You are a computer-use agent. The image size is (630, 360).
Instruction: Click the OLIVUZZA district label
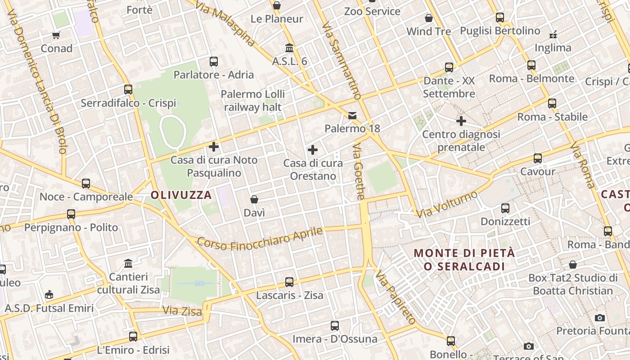tap(181, 195)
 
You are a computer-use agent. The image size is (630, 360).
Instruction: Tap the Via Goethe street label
tap(359, 171)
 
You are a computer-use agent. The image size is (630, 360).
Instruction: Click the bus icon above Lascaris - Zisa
tap(289, 282)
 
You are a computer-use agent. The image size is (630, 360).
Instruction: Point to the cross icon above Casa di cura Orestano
tap(313, 150)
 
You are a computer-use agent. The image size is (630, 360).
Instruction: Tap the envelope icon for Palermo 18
tap(352, 116)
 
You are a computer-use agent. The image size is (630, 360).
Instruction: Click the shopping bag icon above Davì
tap(254, 199)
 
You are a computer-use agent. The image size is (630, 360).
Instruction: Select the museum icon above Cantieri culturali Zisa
tap(128, 263)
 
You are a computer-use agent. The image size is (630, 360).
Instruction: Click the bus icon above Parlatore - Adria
tap(214, 61)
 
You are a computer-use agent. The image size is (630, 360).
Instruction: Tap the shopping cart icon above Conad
tap(56, 35)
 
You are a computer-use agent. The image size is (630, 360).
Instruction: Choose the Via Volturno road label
tap(447, 204)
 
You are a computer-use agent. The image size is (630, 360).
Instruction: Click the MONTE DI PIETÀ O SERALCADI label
tap(464, 260)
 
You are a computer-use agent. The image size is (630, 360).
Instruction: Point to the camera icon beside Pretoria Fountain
tap(599, 318)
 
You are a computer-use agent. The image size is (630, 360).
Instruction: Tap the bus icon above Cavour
tap(538, 158)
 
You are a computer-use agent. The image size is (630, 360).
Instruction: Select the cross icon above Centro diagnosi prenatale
tap(461, 121)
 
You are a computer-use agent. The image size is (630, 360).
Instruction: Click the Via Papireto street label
tap(396, 297)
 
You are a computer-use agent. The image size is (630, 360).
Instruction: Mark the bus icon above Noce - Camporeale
tap(86, 184)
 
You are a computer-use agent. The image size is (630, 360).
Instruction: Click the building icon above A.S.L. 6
tap(289, 48)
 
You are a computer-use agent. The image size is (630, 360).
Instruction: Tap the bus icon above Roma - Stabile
tap(552, 103)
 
